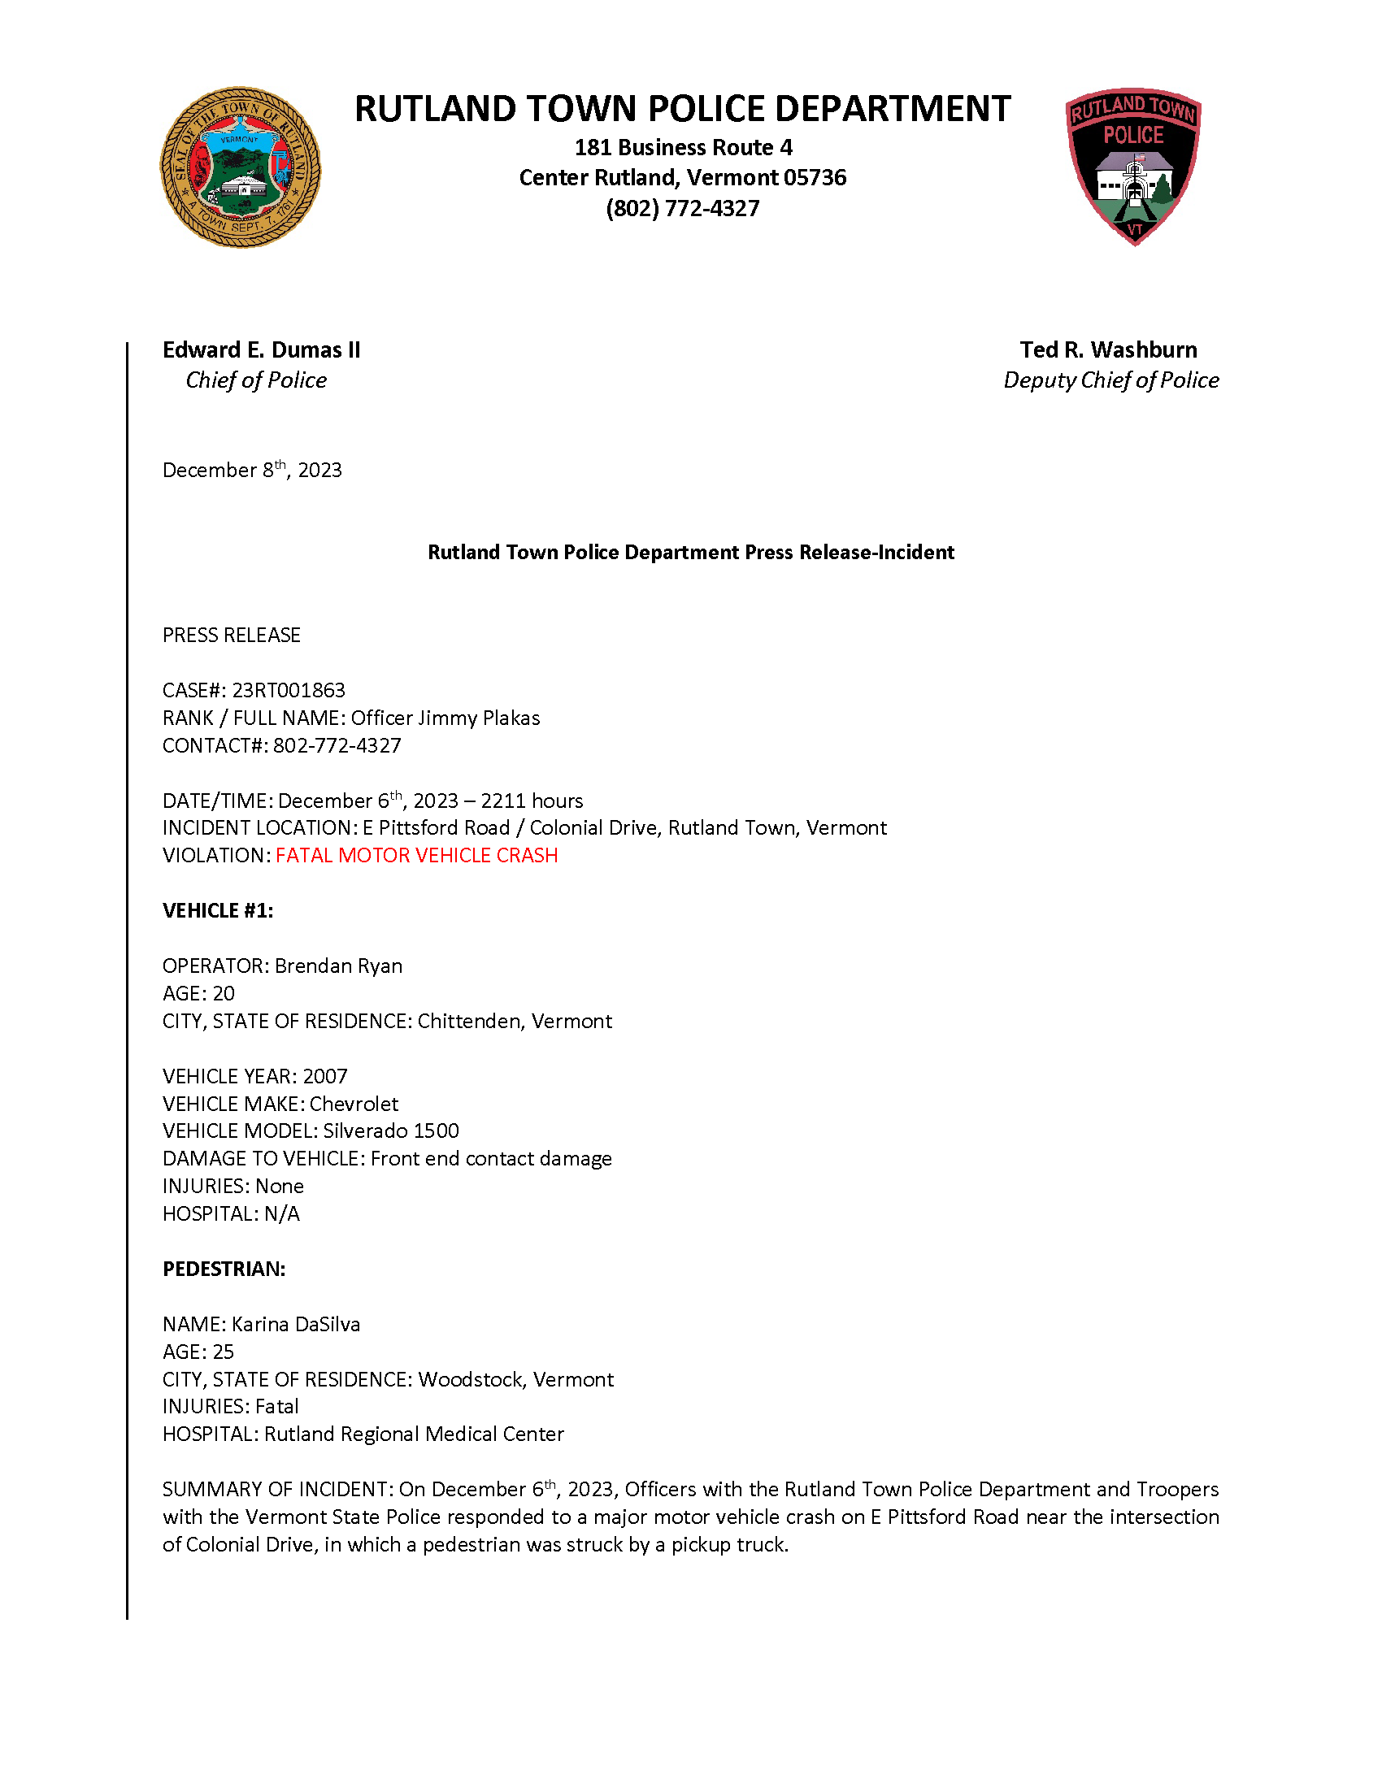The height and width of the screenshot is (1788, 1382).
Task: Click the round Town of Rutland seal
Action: [240, 167]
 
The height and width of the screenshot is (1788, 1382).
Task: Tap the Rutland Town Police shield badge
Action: [1133, 166]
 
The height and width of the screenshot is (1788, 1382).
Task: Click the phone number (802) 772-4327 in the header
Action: [682, 208]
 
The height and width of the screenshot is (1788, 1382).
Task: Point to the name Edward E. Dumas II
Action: [261, 349]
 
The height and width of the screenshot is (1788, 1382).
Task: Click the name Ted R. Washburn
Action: [1108, 349]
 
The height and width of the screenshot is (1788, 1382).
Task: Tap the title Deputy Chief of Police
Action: [1110, 380]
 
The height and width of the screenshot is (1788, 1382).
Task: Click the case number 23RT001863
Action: [289, 690]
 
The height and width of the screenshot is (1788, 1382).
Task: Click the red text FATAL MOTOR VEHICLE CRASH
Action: [416, 855]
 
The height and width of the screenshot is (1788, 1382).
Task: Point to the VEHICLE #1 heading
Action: [218, 910]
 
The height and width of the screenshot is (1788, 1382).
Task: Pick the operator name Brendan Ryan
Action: [338, 966]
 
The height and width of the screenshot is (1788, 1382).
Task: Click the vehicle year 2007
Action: [325, 1076]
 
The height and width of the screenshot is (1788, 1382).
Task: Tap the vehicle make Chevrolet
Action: [354, 1104]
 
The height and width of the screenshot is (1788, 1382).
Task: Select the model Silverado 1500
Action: [390, 1131]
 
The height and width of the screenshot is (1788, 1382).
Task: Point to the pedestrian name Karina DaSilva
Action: [296, 1324]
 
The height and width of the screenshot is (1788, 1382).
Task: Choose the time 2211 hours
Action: [532, 801]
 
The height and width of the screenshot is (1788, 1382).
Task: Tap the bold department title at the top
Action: [682, 108]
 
